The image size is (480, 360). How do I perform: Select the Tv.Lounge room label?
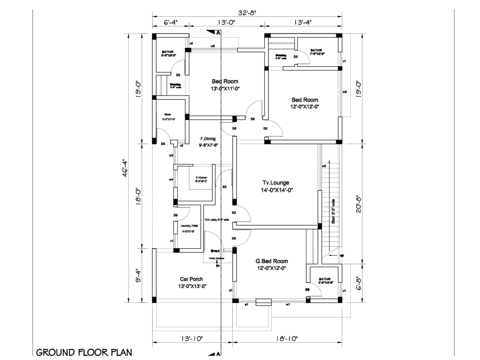tap(277, 182)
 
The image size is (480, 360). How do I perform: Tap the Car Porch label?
tap(191, 279)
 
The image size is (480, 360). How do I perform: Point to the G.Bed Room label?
tap(272, 261)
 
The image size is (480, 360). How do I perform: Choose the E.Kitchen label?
tap(201, 178)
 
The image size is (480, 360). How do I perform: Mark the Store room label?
tap(167, 114)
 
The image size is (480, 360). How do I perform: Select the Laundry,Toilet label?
tap(189, 226)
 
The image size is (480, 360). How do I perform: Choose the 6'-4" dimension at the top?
tap(170, 22)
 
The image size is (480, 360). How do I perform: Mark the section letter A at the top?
tap(218, 33)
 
